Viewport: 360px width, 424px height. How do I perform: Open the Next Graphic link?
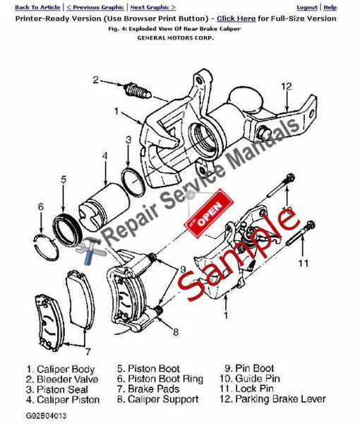click(153, 6)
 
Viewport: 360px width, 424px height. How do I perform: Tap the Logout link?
click(306, 6)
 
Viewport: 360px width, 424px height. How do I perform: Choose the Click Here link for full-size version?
click(236, 18)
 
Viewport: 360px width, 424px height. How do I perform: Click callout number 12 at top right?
click(286, 86)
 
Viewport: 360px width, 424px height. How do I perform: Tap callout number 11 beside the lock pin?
click(303, 264)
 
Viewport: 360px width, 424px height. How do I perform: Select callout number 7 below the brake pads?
click(87, 350)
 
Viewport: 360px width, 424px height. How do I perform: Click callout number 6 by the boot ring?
click(40, 207)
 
